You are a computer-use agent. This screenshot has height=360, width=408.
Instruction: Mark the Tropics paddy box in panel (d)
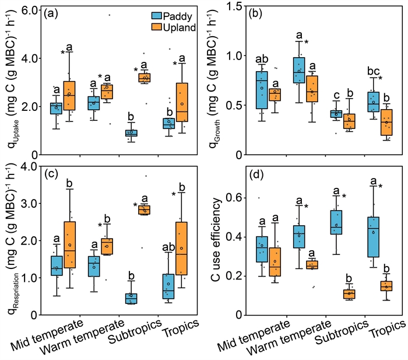point(373,236)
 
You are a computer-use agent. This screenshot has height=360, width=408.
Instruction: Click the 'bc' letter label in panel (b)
point(372,71)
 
